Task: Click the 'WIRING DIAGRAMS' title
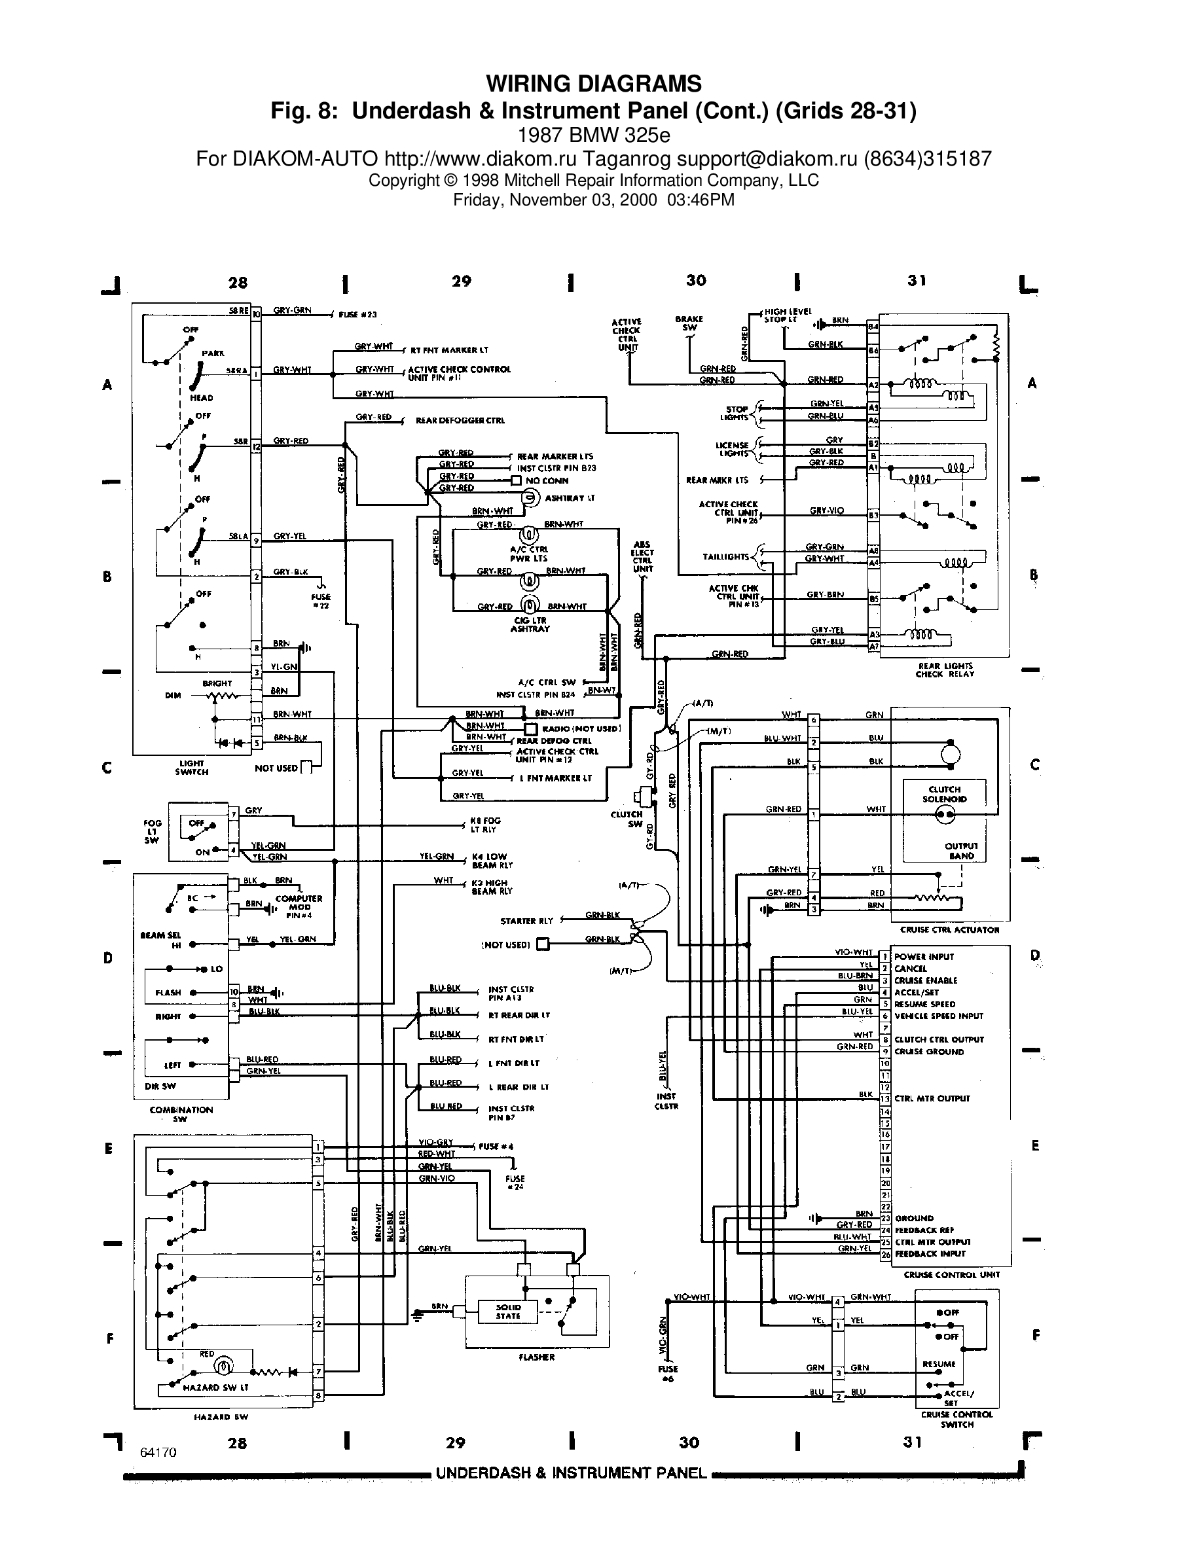pos(593,84)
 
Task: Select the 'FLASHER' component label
pos(536,1357)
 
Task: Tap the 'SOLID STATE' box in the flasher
pos(508,1312)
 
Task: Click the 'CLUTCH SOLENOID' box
pos(944,794)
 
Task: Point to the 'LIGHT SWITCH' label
pos(192,768)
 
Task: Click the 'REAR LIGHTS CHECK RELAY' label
pos(944,670)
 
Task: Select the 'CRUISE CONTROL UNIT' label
pos(951,1275)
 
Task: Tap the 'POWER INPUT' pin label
pos(924,957)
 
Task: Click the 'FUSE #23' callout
pos(357,315)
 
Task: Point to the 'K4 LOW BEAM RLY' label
pos(491,861)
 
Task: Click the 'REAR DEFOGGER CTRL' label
pos(460,421)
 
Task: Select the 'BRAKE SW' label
pos(689,323)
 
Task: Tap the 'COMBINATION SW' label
pos(181,1113)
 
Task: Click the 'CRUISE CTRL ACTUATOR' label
pos(950,930)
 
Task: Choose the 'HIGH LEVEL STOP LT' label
pos(788,315)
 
